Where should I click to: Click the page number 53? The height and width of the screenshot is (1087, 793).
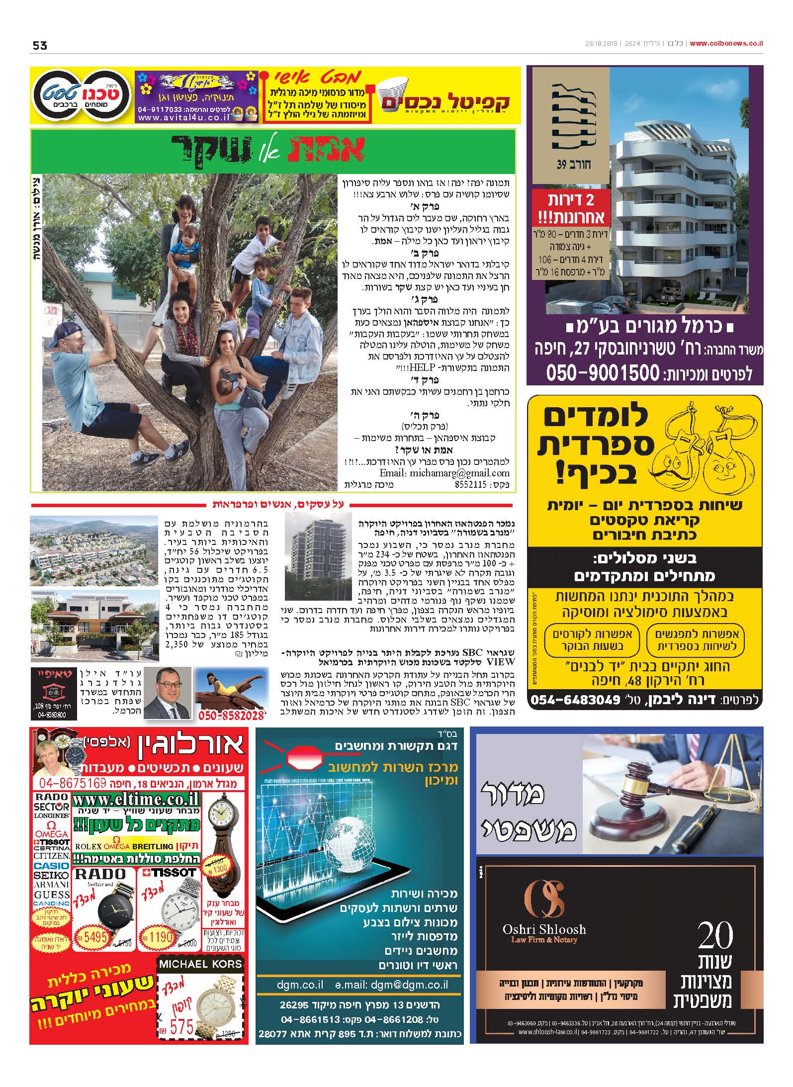point(40,45)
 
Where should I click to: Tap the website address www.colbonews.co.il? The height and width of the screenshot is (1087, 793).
point(726,44)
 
